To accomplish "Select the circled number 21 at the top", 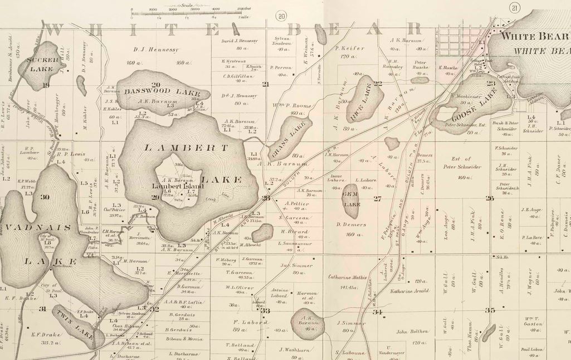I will [x=514, y=7].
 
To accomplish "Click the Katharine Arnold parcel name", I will [x=409, y=291].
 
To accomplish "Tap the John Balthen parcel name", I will [x=413, y=332].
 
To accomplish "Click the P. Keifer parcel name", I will [x=350, y=48].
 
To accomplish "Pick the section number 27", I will [x=377, y=198].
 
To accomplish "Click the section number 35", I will [x=490, y=310].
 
